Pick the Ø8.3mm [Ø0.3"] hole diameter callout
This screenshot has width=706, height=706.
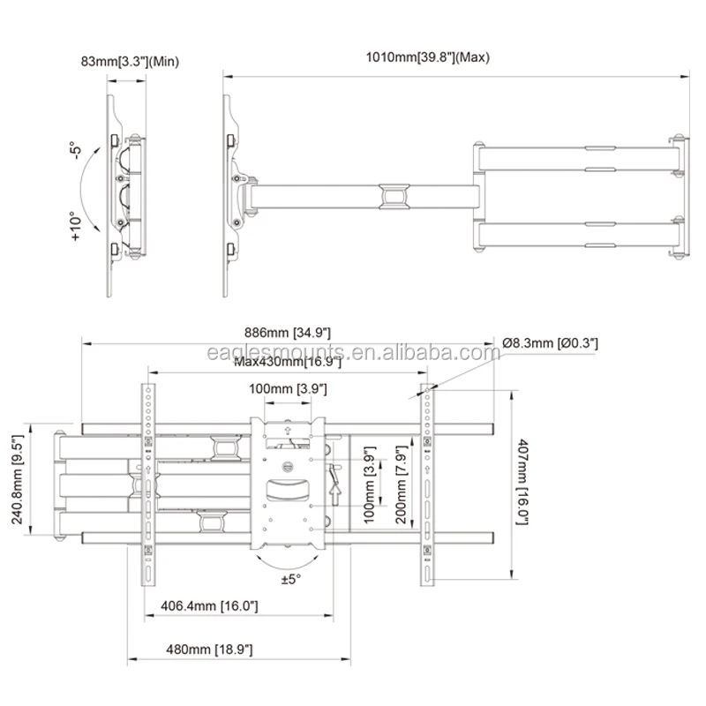tap(550, 342)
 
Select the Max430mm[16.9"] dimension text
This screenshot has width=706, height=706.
tap(283, 361)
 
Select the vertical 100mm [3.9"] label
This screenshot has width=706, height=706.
tap(371, 484)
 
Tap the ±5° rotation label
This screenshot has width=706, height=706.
tap(293, 580)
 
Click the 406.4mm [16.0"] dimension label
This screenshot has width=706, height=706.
tap(209, 605)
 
